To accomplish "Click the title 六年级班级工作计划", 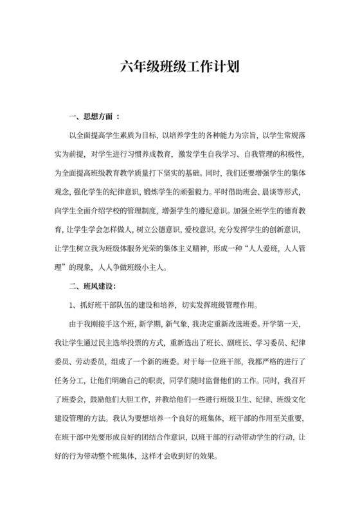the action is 179,67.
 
